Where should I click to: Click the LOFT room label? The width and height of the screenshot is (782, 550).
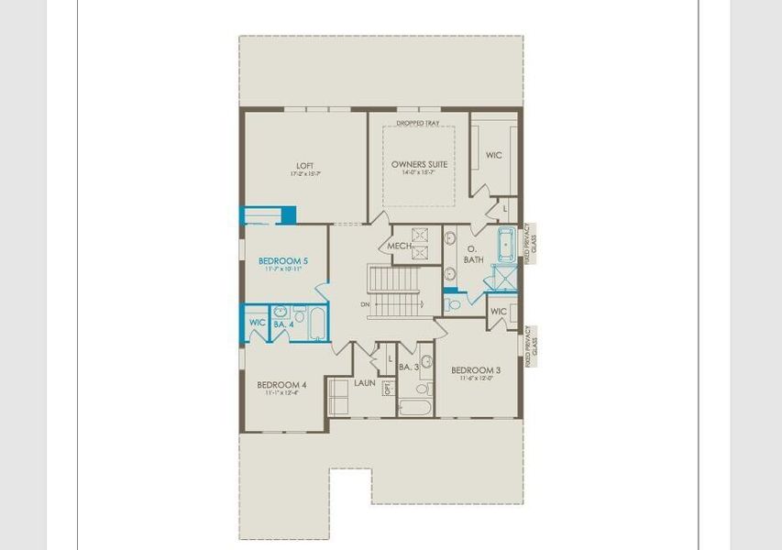304,166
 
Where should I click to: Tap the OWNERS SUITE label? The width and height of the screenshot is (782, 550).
419,164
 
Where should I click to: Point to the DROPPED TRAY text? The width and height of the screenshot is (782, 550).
418,123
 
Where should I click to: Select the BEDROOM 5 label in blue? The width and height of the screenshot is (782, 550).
282,261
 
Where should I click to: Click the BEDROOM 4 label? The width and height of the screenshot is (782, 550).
281,384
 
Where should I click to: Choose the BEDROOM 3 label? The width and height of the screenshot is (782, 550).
476,370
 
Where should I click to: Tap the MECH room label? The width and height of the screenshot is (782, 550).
399,247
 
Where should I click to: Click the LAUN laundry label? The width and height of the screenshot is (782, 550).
365,383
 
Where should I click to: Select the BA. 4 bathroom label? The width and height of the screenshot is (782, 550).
283,324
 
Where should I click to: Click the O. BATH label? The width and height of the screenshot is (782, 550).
473,254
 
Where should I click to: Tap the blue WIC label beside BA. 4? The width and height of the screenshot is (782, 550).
257,323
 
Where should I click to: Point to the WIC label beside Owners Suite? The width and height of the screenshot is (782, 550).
493,156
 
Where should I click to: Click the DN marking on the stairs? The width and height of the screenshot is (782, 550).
365,303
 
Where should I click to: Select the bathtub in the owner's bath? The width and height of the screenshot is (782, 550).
507,245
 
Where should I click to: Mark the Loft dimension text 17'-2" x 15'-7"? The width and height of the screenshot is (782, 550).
304,174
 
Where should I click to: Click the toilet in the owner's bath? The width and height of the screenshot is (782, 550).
451,302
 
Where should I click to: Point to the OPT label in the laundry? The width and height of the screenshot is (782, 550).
388,388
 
